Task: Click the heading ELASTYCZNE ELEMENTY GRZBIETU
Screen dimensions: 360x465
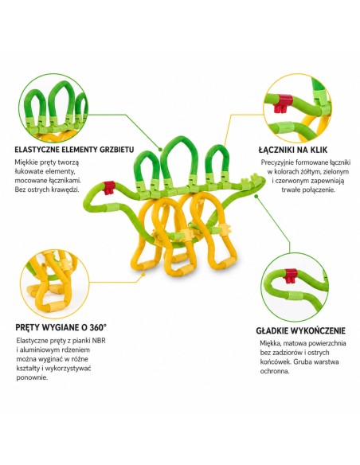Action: pyautogui.click(x=74, y=149)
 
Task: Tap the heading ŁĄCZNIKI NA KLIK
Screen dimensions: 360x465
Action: pyautogui.click(x=293, y=150)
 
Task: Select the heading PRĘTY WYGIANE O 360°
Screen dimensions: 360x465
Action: pyautogui.click(x=61, y=327)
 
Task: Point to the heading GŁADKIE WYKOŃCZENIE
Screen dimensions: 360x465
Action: pyautogui.click(x=301, y=330)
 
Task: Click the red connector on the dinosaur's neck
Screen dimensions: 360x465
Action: pyautogui.click(x=109, y=188)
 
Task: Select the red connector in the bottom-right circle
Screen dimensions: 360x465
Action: pyautogui.click(x=291, y=276)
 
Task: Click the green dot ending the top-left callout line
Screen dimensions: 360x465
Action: pyautogui.click(x=160, y=150)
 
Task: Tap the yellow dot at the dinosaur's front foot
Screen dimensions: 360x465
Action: pyautogui.click(x=143, y=275)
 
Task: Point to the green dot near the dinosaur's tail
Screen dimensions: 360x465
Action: pyautogui.click(x=256, y=196)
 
